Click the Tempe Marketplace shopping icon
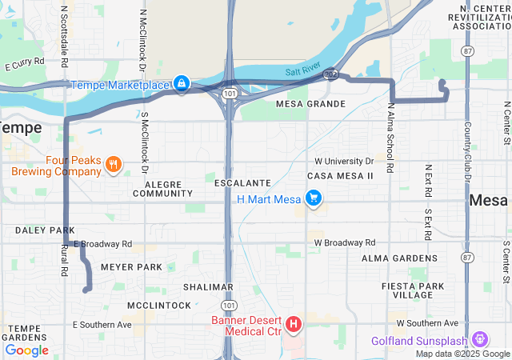182,84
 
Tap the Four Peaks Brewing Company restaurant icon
114,166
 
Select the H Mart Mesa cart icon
314,198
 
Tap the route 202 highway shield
330,74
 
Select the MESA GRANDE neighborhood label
310,104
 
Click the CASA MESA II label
340,175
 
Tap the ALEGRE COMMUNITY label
163,189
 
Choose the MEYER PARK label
131,267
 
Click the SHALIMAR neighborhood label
207,286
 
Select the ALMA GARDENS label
398,258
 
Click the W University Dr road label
344,161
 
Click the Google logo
26,350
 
